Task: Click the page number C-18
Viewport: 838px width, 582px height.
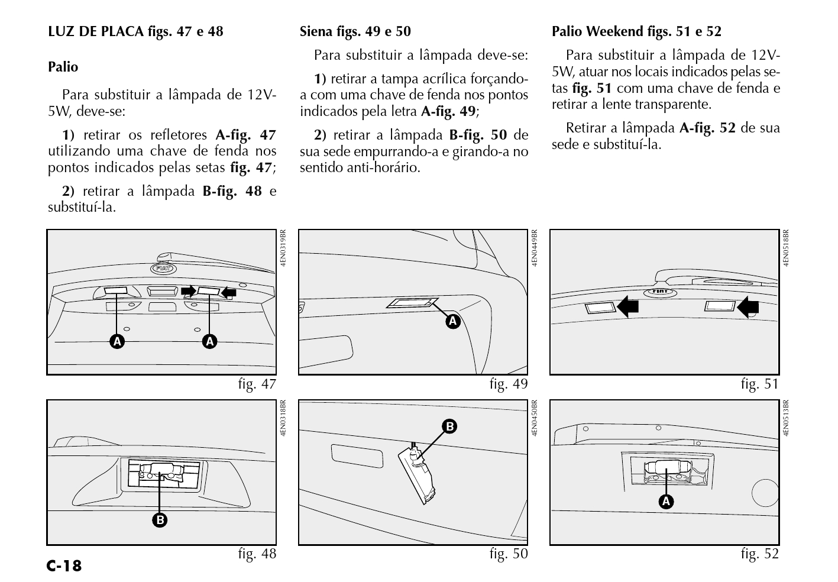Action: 64,566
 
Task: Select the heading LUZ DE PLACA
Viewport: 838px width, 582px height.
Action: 95,31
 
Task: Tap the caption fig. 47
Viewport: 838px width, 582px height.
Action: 257,384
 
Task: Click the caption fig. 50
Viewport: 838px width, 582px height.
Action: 509,554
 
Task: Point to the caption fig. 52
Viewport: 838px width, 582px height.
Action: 759,554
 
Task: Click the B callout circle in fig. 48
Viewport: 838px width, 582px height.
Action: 160,520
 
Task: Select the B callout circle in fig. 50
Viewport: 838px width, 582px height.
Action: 449,426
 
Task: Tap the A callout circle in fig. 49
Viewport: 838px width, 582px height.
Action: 453,321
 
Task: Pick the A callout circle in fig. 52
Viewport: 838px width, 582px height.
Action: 666,502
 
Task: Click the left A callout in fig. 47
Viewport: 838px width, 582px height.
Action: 117,341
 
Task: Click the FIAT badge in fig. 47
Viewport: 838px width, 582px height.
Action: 163,269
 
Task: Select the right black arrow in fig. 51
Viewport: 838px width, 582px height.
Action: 748,306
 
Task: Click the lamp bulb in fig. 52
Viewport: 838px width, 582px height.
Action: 666,468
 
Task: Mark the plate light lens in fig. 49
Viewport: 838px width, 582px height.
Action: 411,303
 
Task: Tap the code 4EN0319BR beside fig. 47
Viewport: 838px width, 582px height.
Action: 283,248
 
